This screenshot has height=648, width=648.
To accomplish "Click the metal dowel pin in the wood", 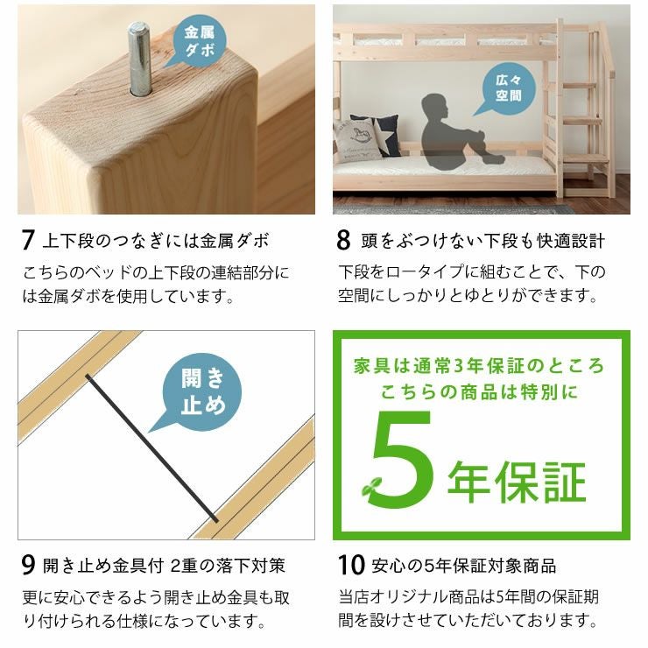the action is (x=139, y=59).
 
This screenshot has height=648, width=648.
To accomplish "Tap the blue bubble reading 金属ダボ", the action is (x=198, y=41).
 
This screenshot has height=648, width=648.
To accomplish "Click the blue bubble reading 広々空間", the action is (x=507, y=88).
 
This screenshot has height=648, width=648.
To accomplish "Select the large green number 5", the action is (x=402, y=459).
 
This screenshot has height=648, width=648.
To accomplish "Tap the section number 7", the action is (x=28, y=240).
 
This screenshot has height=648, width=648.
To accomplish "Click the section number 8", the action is (x=343, y=240).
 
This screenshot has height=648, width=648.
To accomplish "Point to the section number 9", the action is (x=28, y=565).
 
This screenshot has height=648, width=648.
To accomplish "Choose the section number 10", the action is (x=351, y=565).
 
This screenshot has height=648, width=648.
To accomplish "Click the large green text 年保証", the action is (x=517, y=482).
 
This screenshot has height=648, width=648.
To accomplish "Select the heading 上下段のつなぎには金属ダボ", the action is (x=155, y=241).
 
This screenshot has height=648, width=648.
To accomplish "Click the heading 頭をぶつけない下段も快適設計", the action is (x=482, y=241).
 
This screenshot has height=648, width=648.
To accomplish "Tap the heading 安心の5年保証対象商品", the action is (x=464, y=566).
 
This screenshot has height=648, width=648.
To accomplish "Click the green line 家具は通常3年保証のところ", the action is (x=479, y=366).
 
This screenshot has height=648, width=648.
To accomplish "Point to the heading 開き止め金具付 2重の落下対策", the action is (x=164, y=566).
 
